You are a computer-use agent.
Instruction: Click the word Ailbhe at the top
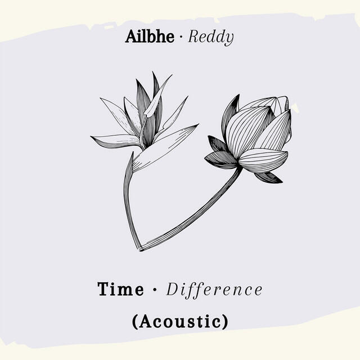[x=150, y=38]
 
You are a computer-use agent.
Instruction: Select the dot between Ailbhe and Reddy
[x=181, y=38]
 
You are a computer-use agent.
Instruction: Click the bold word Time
[x=121, y=290]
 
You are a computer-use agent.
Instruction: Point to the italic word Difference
[x=214, y=290]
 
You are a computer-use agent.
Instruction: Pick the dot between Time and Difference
[x=154, y=291]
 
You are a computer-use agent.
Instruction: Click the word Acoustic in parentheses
[x=180, y=321]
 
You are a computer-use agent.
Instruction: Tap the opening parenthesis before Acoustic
[x=136, y=322]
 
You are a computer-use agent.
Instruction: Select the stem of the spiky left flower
[x=127, y=197]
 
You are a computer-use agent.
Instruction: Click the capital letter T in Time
[x=104, y=290]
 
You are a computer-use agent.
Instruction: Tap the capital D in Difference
[x=172, y=290]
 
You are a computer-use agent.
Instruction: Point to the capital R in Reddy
[x=193, y=38]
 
